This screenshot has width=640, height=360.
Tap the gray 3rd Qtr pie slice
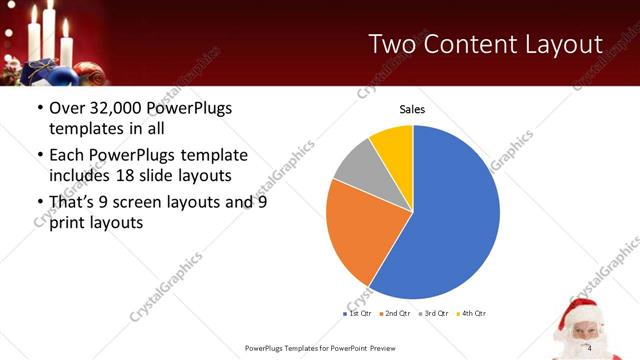click(356, 171)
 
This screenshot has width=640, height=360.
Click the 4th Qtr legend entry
click(472, 314)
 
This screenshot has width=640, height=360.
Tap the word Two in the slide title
click(394, 44)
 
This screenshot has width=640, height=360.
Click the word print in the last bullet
click(67, 223)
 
